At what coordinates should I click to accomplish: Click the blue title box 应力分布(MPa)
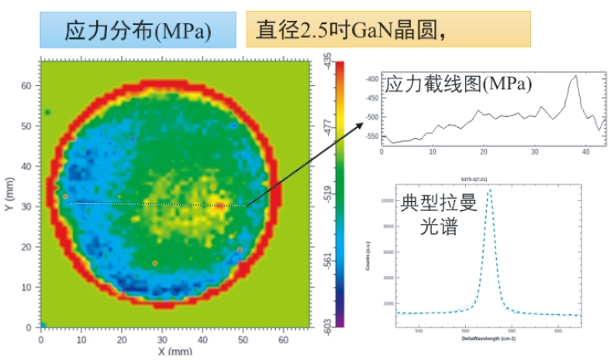(138, 30)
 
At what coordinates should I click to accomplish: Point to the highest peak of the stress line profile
(575, 76)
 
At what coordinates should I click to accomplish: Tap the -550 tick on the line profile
(371, 137)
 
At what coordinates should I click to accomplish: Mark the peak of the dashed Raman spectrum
(489, 190)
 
